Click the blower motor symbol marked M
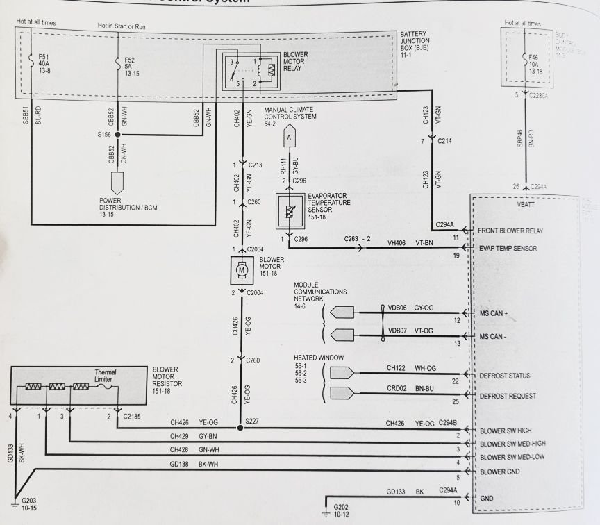click(242, 269)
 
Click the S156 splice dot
click(117, 135)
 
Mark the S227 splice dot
click(241, 428)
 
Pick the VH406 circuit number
click(397, 243)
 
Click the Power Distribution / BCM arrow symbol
click(117, 184)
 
